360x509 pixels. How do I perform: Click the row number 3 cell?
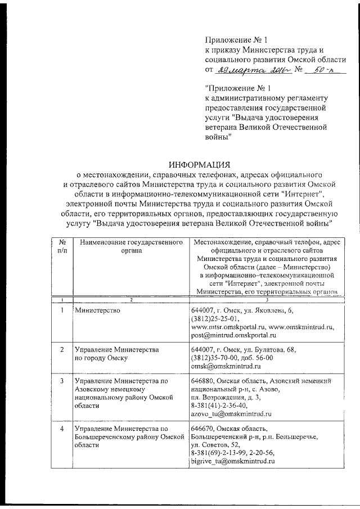click(x=61, y=381)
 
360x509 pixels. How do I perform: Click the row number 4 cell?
click(x=61, y=429)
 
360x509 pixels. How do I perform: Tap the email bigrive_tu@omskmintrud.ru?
click(x=232, y=461)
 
